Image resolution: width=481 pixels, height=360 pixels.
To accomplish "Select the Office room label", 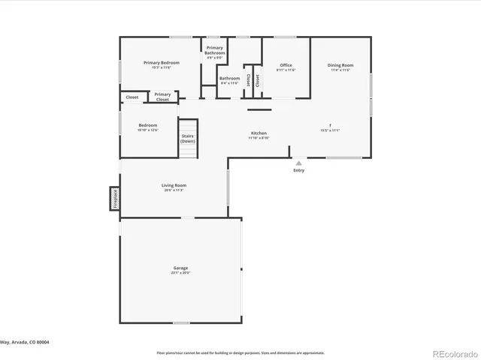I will tap(286, 65).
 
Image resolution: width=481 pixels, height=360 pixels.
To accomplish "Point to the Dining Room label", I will tap(340, 65).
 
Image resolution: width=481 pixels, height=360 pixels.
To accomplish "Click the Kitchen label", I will tap(259, 133).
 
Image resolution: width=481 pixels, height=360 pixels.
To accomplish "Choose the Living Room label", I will tap(174, 185).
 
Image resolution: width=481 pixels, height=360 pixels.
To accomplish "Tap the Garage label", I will tap(180, 268).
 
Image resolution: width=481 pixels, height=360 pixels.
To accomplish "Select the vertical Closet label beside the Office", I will tap(257, 80).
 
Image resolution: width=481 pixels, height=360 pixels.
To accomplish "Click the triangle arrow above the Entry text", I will tap(298, 162).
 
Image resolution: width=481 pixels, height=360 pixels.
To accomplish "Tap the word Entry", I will tap(298, 170).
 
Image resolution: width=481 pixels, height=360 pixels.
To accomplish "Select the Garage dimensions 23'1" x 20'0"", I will tap(180, 273).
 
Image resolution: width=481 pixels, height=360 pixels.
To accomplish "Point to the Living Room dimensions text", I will tap(174, 190).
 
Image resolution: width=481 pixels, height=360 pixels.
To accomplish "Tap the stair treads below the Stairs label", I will tap(187, 151).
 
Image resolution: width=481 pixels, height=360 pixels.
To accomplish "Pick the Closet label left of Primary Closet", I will tap(132, 97).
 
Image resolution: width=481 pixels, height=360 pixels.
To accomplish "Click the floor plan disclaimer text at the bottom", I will tap(240, 352).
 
